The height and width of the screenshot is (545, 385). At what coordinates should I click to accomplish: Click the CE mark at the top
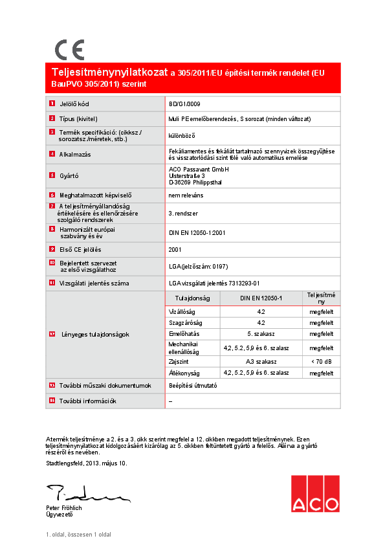point(69,50)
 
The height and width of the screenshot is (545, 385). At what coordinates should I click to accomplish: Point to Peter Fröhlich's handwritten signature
point(84,495)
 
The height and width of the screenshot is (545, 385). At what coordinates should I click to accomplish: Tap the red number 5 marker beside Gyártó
point(52,175)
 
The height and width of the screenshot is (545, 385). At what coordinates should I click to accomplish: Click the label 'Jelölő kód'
point(74,104)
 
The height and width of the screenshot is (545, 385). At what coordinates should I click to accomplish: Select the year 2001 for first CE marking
point(175,249)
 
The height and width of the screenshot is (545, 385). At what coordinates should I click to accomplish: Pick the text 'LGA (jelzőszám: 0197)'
point(198,267)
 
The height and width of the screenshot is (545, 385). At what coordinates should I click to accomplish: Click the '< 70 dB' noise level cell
point(321,361)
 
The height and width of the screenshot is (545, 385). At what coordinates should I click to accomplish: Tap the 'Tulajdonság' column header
point(193,298)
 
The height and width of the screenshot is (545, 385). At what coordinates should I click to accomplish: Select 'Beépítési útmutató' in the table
point(192,385)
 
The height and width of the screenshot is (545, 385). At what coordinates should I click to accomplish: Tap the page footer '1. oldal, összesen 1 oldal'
point(78,535)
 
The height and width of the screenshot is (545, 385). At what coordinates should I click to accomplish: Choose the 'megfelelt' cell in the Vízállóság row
point(321,311)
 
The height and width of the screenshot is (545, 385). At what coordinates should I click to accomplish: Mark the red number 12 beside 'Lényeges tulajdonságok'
point(52,335)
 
